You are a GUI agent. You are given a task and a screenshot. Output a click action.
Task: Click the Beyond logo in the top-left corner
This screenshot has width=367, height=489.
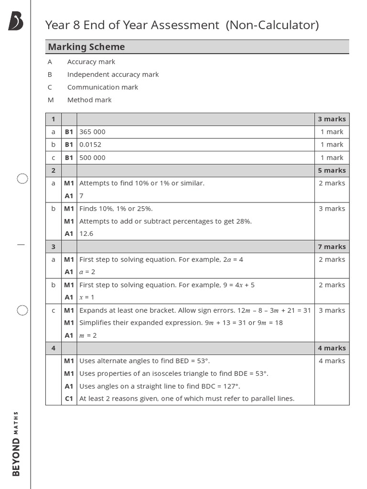point(15,22)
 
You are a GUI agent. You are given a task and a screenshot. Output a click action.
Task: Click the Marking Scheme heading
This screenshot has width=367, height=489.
point(86,47)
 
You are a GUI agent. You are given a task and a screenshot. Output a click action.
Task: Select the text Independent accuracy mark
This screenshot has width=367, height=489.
point(113,74)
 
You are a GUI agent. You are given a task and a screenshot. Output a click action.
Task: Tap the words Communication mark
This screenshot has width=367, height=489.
point(102,87)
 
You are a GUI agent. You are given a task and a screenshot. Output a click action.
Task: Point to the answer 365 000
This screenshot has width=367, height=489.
point(92,132)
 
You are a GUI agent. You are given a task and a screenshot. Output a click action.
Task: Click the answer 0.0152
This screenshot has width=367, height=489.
point(90,144)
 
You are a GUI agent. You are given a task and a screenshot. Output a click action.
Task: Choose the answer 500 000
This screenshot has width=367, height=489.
point(92,158)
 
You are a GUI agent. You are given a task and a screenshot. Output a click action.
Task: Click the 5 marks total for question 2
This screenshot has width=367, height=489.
point(332,170)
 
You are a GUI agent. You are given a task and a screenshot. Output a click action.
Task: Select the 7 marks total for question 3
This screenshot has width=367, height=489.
point(332,246)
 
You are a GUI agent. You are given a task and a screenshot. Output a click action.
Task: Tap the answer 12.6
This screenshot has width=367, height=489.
point(86,234)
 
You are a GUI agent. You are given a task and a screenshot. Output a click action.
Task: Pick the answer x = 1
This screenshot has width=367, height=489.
point(87,297)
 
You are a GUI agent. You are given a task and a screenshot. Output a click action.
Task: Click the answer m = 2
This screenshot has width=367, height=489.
point(88,335)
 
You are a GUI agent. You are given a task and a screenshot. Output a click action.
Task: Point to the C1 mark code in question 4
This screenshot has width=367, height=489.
point(69,398)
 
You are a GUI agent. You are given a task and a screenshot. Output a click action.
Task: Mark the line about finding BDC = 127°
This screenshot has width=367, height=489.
point(160,386)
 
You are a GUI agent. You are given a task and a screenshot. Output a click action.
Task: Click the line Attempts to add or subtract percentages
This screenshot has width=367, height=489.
point(165,221)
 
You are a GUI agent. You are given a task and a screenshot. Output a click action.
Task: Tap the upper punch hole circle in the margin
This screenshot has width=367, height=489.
point(22,179)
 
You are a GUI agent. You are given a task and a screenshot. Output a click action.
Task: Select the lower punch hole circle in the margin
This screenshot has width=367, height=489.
point(22,310)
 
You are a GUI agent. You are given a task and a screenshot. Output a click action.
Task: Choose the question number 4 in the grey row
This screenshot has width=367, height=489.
point(53,348)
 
